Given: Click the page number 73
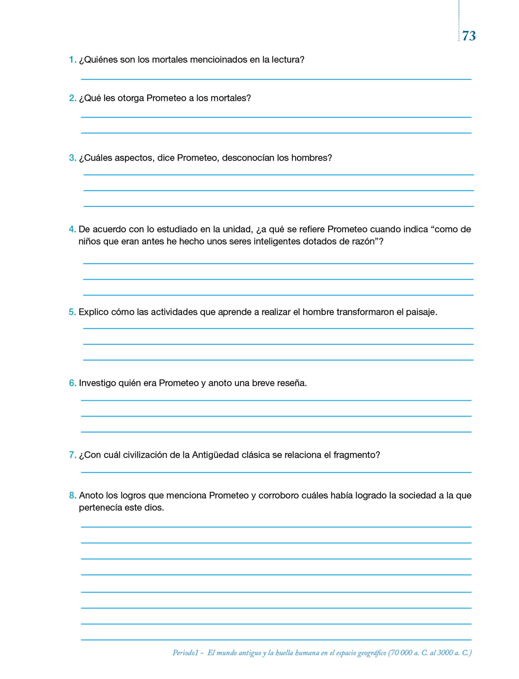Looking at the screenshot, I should point(469,36).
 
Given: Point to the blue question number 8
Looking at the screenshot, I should point(72,496).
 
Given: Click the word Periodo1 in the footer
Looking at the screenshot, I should point(185,653).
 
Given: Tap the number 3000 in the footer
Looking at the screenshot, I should point(445,653).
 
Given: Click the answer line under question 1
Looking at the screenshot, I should point(276,79).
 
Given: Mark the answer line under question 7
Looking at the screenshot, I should point(276,472).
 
